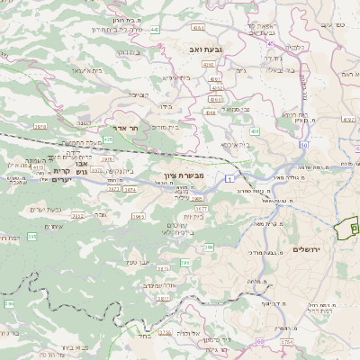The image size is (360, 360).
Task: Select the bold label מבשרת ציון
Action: tap(166, 176)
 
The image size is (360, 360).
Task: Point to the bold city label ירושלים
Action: tap(313, 248)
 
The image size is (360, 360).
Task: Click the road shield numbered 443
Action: tap(155, 29)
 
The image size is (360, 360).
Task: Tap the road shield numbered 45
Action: tap(272, 42)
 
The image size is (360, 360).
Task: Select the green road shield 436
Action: tap(255, 131)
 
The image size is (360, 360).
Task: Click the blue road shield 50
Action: tap(304, 144)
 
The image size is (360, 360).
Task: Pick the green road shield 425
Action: tap(108, 139)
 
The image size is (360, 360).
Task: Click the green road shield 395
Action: tap(186, 263)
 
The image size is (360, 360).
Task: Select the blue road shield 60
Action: tap(260, 341)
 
